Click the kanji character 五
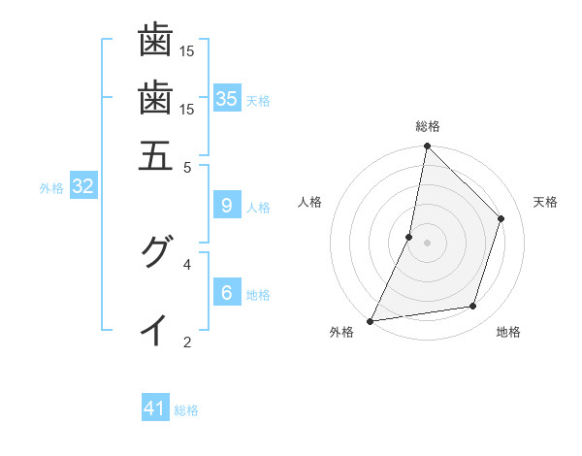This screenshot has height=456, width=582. pyautogui.click(x=155, y=156)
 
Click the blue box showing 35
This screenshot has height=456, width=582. pyautogui.click(x=227, y=98)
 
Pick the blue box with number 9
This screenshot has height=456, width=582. pyautogui.click(x=227, y=205)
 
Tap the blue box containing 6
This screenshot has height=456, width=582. pyautogui.click(x=227, y=292)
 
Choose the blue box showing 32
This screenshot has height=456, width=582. pyautogui.click(x=82, y=186)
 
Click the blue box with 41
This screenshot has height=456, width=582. pyautogui.click(x=155, y=408)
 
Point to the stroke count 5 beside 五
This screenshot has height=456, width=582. pyautogui.click(x=187, y=167)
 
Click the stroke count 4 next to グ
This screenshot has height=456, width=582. pyautogui.click(x=187, y=263)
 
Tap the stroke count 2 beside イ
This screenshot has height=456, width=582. pyautogui.click(x=187, y=342)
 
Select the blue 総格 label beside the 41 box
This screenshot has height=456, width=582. pyautogui.click(x=186, y=410)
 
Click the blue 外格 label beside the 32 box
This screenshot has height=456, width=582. pyautogui.click(x=51, y=188)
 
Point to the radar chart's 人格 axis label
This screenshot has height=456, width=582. pyautogui.click(x=310, y=202)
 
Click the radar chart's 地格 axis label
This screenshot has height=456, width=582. pyautogui.click(x=508, y=333)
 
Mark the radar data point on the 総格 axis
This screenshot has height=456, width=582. pyautogui.click(x=427, y=146)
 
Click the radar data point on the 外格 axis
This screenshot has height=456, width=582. pyautogui.click(x=370, y=321)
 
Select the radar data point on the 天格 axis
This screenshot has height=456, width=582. pyautogui.click(x=501, y=218)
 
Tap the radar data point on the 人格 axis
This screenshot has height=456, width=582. pyautogui.click(x=409, y=237)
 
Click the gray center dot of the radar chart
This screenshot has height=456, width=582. pyautogui.click(x=427, y=243)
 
